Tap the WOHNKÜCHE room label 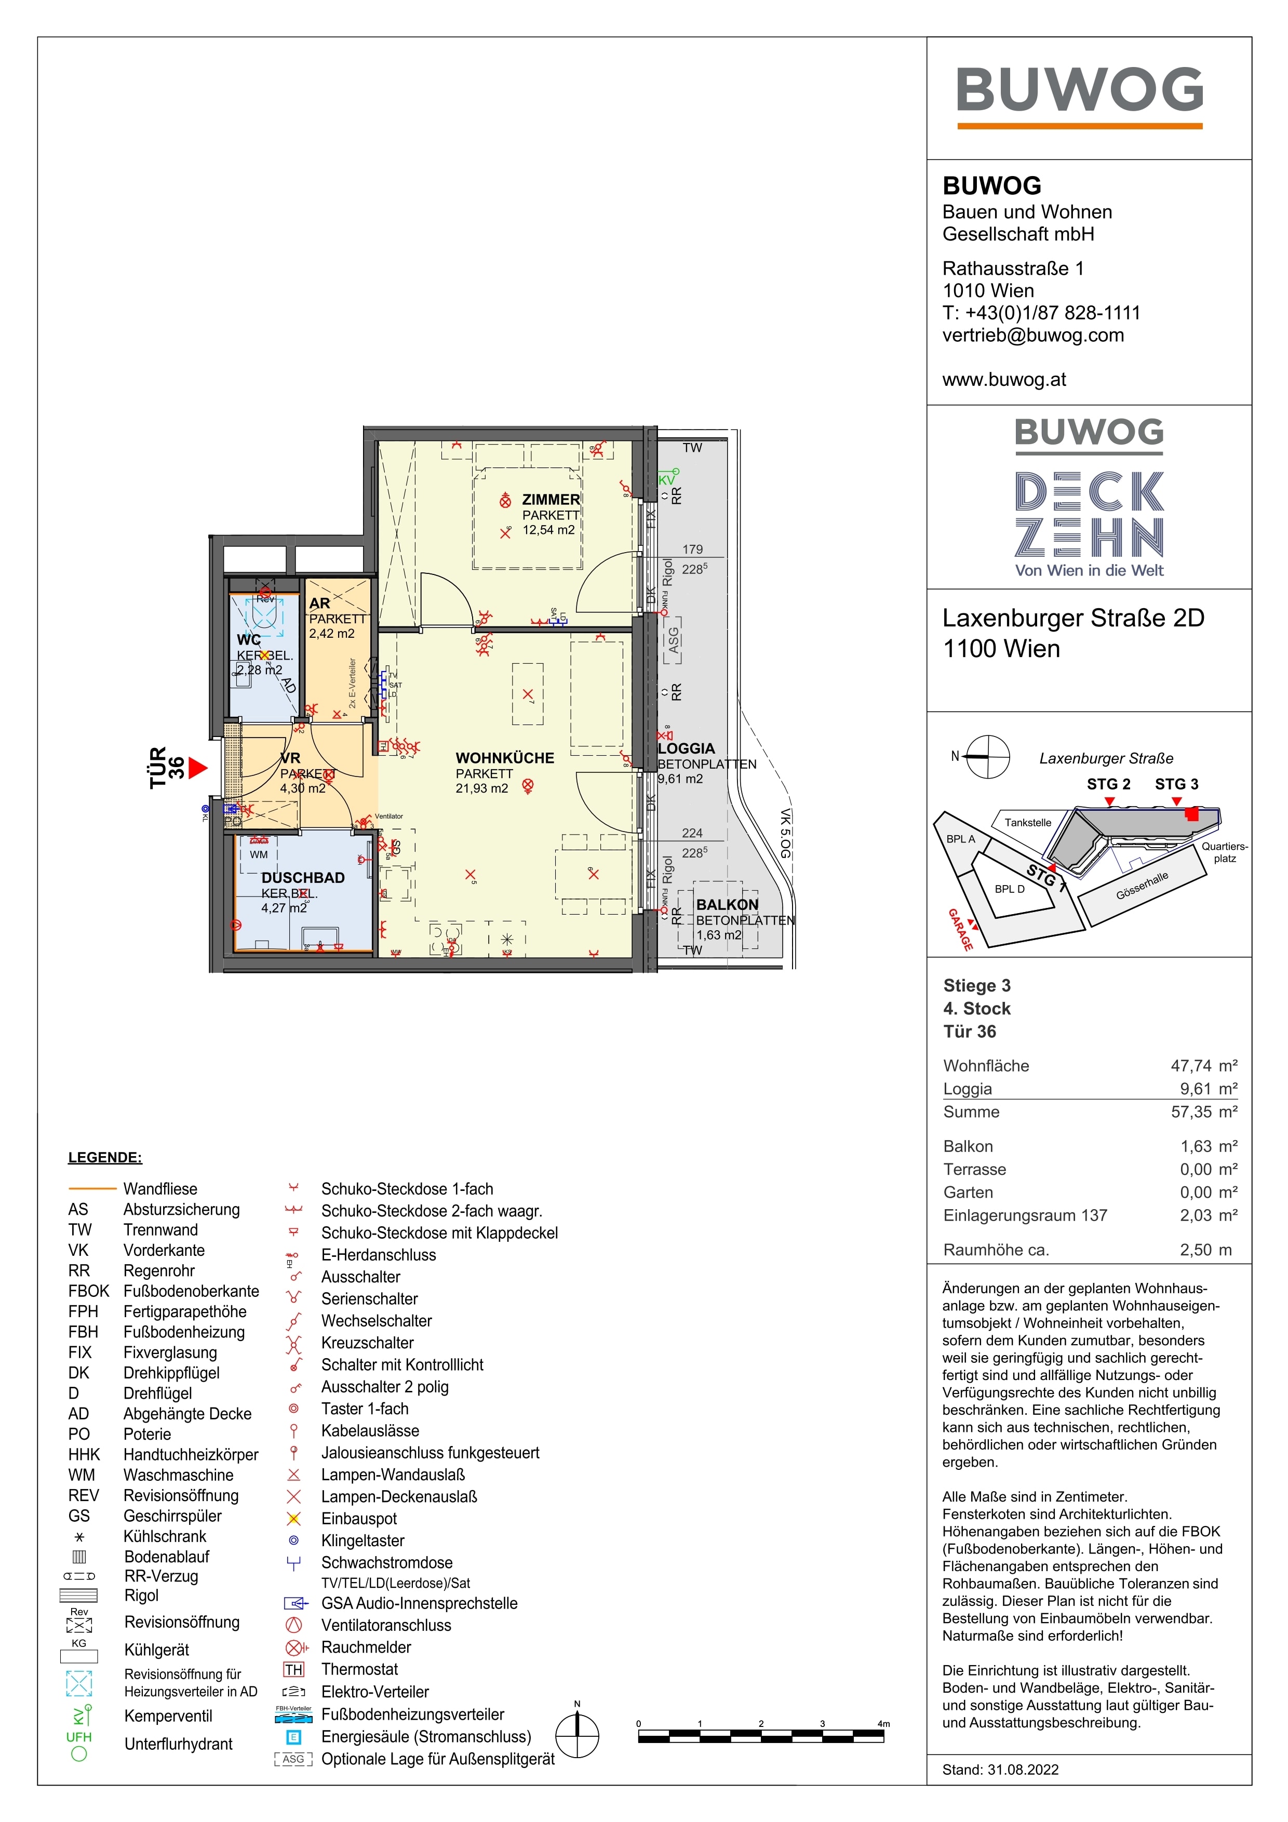click(505, 758)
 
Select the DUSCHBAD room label click(303, 878)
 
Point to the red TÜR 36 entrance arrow click(197, 767)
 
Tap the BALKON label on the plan click(727, 905)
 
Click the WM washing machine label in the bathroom click(259, 855)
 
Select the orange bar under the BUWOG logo click(1079, 125)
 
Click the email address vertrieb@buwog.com click(1032, 335)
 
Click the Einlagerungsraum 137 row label click(1025, 1215)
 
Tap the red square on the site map click(1191, 814)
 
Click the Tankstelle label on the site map click(1028, 822)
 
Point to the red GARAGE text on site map click(960, 929)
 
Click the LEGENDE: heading click(105, 1157)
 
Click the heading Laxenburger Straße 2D click(1073, 618)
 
